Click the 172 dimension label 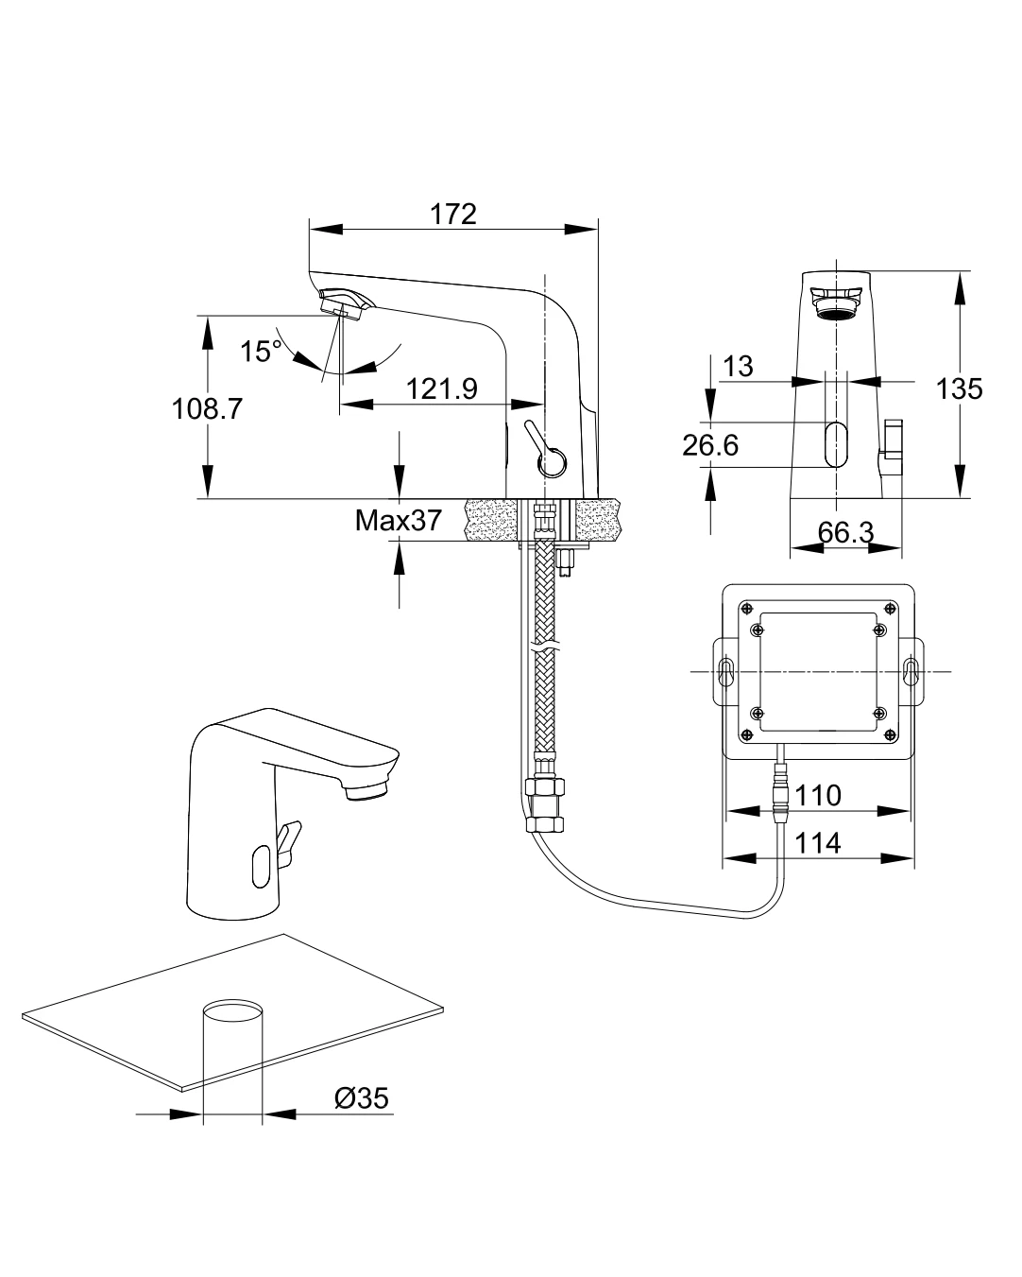453,214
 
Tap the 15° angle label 260,352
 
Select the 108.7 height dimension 207,408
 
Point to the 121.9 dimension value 442,388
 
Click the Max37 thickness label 398,520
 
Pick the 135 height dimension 960,388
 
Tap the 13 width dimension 739,366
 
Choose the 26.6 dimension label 710,444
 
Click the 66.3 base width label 845,532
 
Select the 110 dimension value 818,795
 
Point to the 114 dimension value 818,842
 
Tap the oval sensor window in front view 836,443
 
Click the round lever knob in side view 551,462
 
